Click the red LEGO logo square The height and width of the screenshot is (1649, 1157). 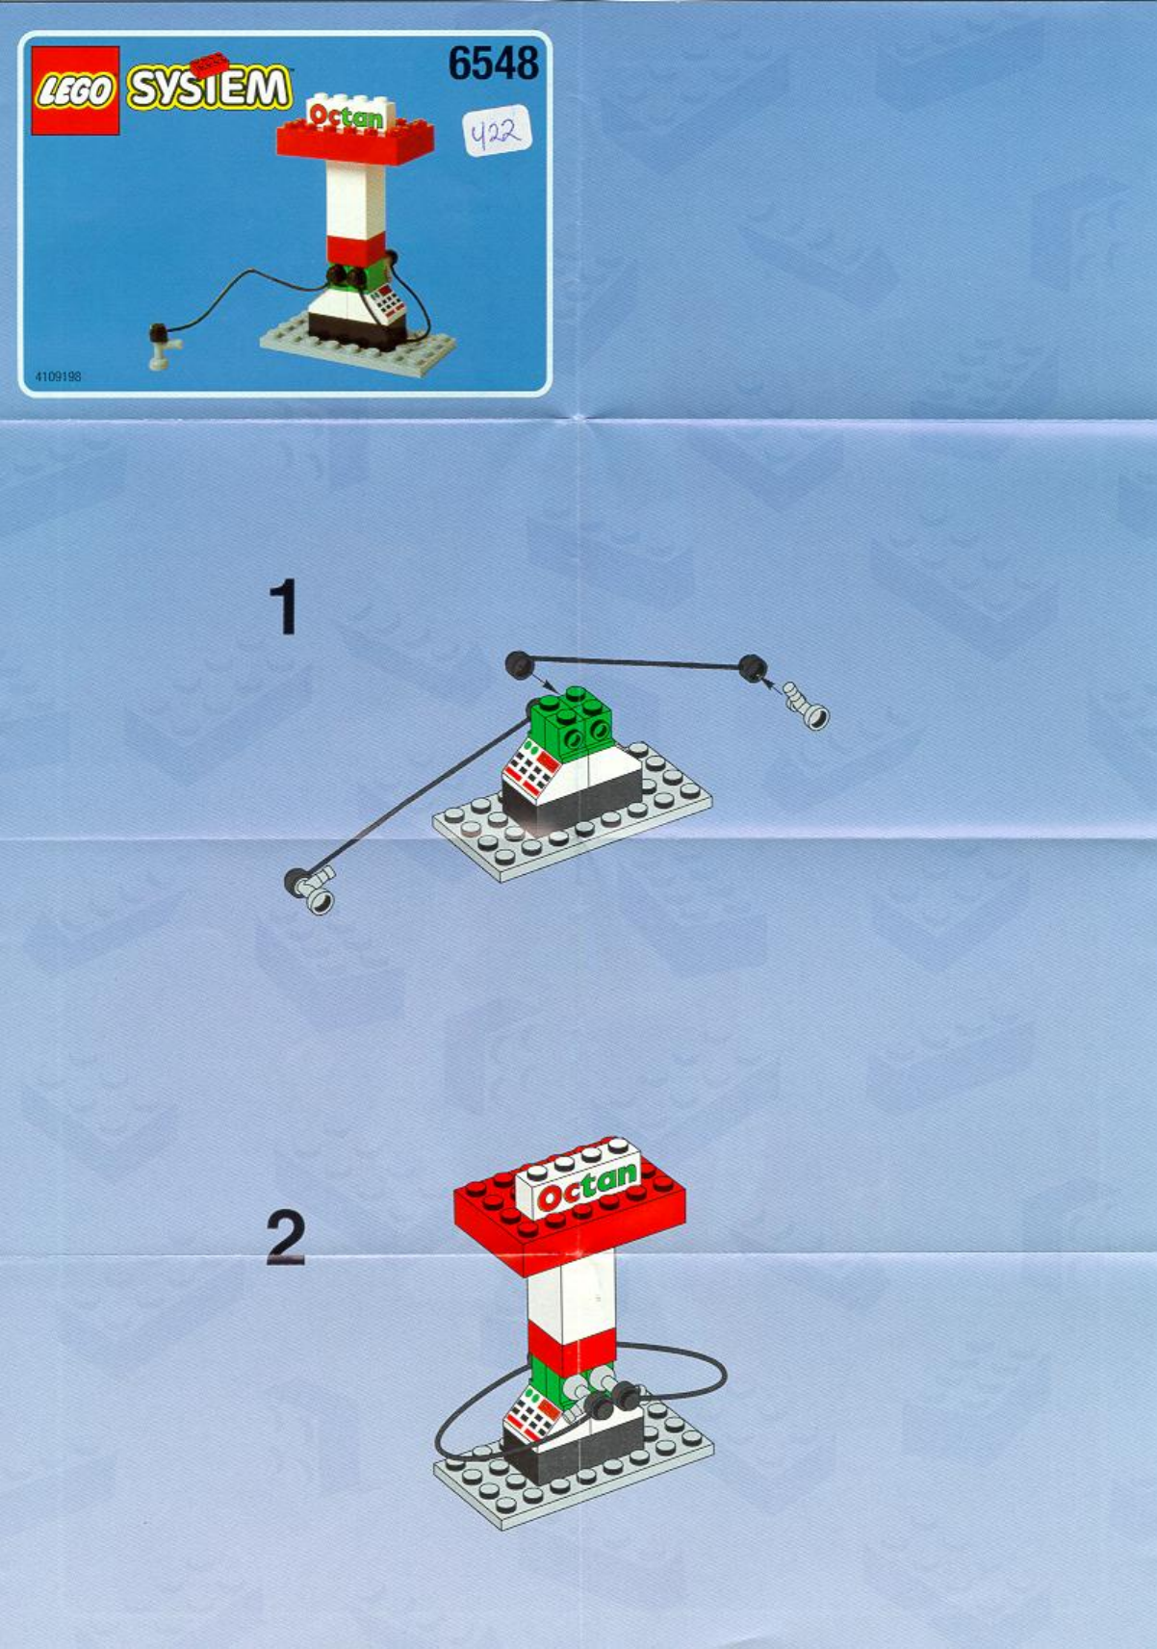click(74, 90)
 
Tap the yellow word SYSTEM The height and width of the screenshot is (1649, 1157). click(208, 89)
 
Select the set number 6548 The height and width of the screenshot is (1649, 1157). click(493, 64)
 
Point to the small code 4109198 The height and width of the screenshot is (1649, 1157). click(58, 377)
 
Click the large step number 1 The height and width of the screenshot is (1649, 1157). click(284, 606)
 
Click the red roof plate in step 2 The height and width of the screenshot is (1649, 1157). click(571, 1215)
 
